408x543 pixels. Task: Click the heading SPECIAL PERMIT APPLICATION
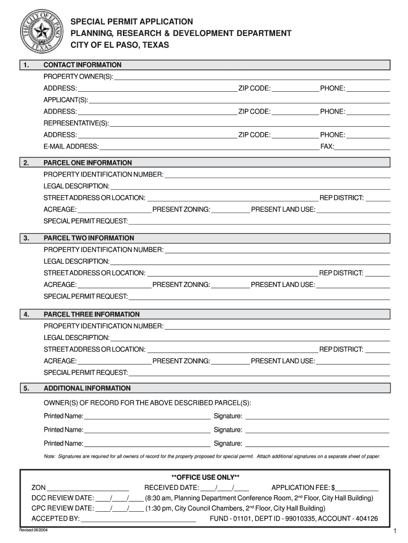[132, 21]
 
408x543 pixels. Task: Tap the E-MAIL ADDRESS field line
[209, 146]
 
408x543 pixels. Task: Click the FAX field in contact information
[362, 146]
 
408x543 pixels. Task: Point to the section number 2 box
[26, 163]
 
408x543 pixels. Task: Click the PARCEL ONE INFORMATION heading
[87, 163]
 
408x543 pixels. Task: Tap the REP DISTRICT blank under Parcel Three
[378, 349]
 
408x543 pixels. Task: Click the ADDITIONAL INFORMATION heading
[87, 388]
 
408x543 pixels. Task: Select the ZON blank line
[88, 488]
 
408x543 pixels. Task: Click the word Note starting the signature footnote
[50, 456]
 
